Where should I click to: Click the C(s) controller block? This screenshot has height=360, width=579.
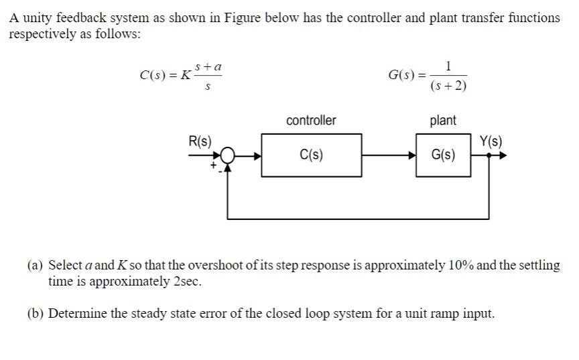tap(311, 155)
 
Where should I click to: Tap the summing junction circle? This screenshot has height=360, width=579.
tap(229, 156)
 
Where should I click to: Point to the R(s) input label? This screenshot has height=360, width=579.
tap(200, 141)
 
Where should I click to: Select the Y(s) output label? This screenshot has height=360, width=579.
tap(491, 141)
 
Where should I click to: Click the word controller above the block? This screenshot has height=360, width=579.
tap(311, 121)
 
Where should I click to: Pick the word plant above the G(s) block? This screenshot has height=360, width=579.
tap(442, 121)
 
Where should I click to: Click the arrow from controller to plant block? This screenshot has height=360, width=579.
tap(388, 156)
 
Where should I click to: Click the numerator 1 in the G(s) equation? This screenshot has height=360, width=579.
tap(448, 66)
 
